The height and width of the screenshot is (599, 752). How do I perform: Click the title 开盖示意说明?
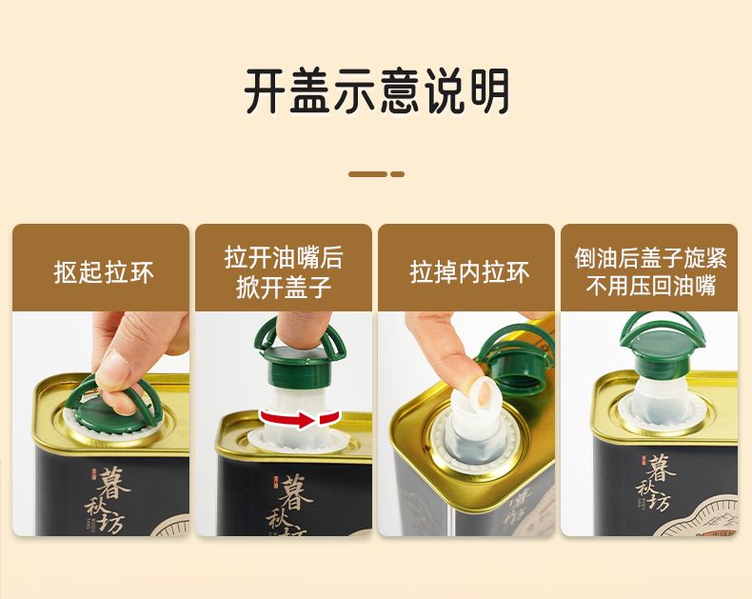tap(377, 91)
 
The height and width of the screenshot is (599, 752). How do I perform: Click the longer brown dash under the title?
tap(367, 174)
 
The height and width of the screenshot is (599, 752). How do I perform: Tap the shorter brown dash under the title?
tap(397, 174)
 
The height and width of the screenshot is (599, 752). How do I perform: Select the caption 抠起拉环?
tap(104, 272)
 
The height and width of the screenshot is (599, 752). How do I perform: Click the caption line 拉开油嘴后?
tap(284, 258)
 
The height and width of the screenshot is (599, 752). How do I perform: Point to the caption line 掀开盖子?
tap(284, 288)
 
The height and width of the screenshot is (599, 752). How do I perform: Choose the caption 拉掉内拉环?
tap(469, 272)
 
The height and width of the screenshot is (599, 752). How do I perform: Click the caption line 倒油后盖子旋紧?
tap(651, 258)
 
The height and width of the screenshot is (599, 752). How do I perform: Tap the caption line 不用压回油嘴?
tap(651, 286)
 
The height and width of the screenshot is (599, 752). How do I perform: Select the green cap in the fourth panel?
tap(663, 344)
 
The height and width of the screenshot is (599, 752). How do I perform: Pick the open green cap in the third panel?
tap(516, 356)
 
